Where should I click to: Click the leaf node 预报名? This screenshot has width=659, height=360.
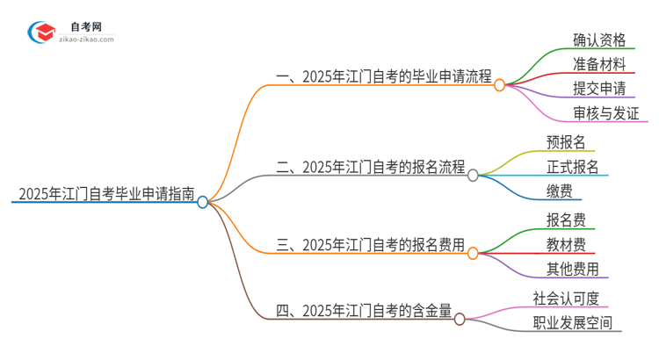(x=566, y=141)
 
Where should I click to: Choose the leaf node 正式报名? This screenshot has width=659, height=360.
(x=573, y=166)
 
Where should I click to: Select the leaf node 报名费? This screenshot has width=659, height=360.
(x=566, y=220)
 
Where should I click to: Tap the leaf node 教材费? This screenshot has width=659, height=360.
(x=566, y=244)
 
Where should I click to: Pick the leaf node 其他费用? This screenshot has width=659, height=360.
(x=573, y=269)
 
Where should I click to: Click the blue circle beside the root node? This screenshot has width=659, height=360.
(x=203, y=202)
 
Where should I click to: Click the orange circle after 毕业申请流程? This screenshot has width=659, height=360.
(x=499, y=85)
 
